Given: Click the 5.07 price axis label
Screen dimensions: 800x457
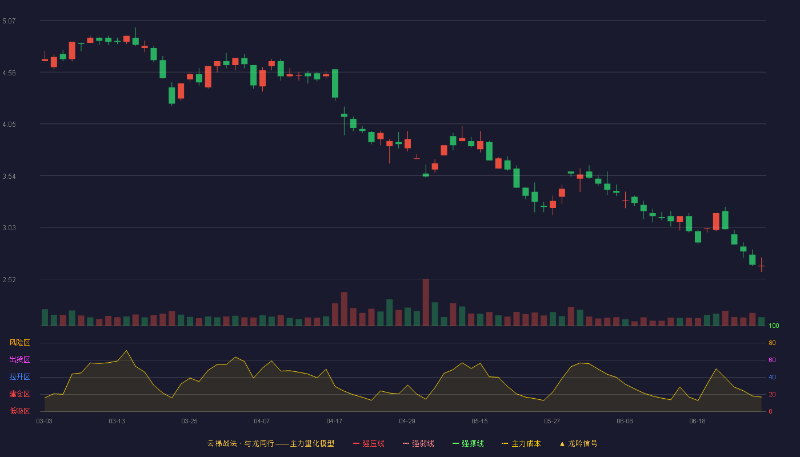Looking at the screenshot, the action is tap(9, 21).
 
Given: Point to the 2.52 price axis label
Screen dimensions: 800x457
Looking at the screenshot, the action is tap(9, 279).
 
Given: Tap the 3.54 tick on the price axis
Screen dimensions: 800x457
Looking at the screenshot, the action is tap(9, 177).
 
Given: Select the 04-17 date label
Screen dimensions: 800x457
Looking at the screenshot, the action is tap(334, 422).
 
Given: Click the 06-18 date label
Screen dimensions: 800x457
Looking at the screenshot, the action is tap(697, 422).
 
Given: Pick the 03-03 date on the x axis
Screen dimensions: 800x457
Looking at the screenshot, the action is tap(45, 422).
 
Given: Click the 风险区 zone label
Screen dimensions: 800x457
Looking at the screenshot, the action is tap(19, 343).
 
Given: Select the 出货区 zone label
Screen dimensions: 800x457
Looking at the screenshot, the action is tap(19, 359).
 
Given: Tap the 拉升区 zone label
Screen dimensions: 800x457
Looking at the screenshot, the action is tap(19, 376).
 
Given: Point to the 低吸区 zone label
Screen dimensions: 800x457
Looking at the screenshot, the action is tap(19, 411).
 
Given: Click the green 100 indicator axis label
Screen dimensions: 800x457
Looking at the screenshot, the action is tap(774, 326).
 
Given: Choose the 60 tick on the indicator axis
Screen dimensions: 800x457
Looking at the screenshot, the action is tap(772, 360).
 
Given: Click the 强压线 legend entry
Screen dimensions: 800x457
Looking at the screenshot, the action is tap(369, 443).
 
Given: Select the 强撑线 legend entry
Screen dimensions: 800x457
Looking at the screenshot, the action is tap(468, 443).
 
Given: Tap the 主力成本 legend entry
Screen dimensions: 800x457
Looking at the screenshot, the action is tap(521, 443).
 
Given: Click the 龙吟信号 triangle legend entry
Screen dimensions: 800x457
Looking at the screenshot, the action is tap(578, 443).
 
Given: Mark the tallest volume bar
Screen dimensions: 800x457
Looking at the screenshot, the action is tap(426, 302).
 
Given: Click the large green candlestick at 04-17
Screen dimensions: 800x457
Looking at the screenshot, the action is tap(335, 83).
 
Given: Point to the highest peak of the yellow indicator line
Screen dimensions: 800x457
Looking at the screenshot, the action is tap(126, 351).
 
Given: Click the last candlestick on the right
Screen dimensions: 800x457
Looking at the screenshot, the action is tap(761, 266).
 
